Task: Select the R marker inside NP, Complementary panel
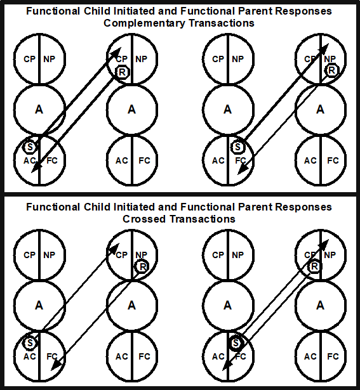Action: tap(330, 70)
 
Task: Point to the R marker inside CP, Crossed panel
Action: tap(313, 266)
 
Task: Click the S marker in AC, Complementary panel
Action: tap(29, 146)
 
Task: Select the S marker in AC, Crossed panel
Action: tap(29, 343)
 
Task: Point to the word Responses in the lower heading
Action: tap(308, 207)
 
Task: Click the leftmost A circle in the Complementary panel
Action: tap(39, 110)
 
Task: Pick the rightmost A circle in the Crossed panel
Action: tap(321, 305)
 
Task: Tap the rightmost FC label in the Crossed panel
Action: tap(332, 356)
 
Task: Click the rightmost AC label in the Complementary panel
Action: tap(310, 160)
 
